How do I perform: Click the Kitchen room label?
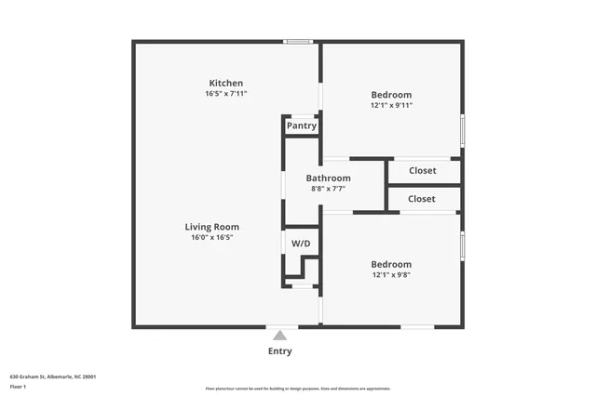[x=226, y=83]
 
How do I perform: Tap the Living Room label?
[x=211, y=227]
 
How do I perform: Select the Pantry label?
[x=302, y=125]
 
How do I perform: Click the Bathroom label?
[x=329, y=178]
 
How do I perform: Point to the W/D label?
[x=301, y=244]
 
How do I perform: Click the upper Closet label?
[x=422, y=170]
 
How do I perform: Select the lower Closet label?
[x=421, y=199]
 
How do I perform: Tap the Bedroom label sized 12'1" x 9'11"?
[x=391, y=95]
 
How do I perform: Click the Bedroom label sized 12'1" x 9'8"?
[x=391, y=264]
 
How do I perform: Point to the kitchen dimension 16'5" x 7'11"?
[x=226, y=94]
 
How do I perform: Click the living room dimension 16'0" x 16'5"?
[x=211, y=238]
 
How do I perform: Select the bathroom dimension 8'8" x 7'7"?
[x=329, y=189]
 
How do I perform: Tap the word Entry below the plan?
[x=279, y=351]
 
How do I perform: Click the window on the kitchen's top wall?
[x=298, y=41]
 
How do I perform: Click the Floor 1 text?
[x=19, y=387]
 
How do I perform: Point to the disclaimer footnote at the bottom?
[x=298, y=389]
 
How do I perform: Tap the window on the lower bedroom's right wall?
[x=462, y=247]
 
